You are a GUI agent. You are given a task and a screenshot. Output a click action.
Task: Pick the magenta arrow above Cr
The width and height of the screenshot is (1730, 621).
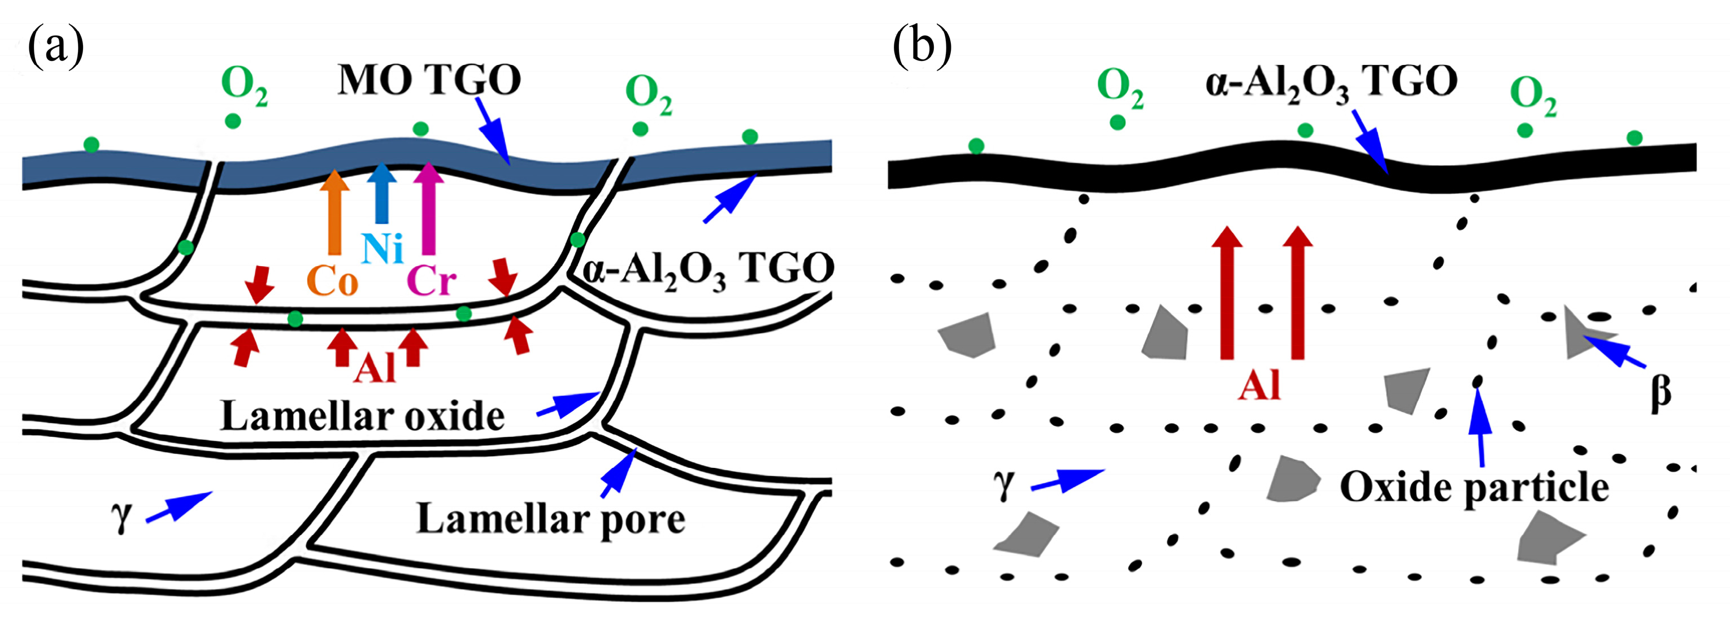tap(428, 208)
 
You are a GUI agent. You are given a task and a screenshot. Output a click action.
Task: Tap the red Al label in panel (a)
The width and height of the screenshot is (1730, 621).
tap(375, 368)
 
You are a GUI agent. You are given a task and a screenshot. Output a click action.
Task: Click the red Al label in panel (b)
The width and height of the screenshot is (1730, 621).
tap(1259, 386)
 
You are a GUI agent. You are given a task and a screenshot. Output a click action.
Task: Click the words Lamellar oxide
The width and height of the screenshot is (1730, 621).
tap(363, 416)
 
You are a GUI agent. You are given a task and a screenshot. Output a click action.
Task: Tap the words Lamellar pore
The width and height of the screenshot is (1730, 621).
tap(551, 519)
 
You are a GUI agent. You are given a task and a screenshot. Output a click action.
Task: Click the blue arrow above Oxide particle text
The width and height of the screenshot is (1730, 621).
tap(1480, 426)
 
